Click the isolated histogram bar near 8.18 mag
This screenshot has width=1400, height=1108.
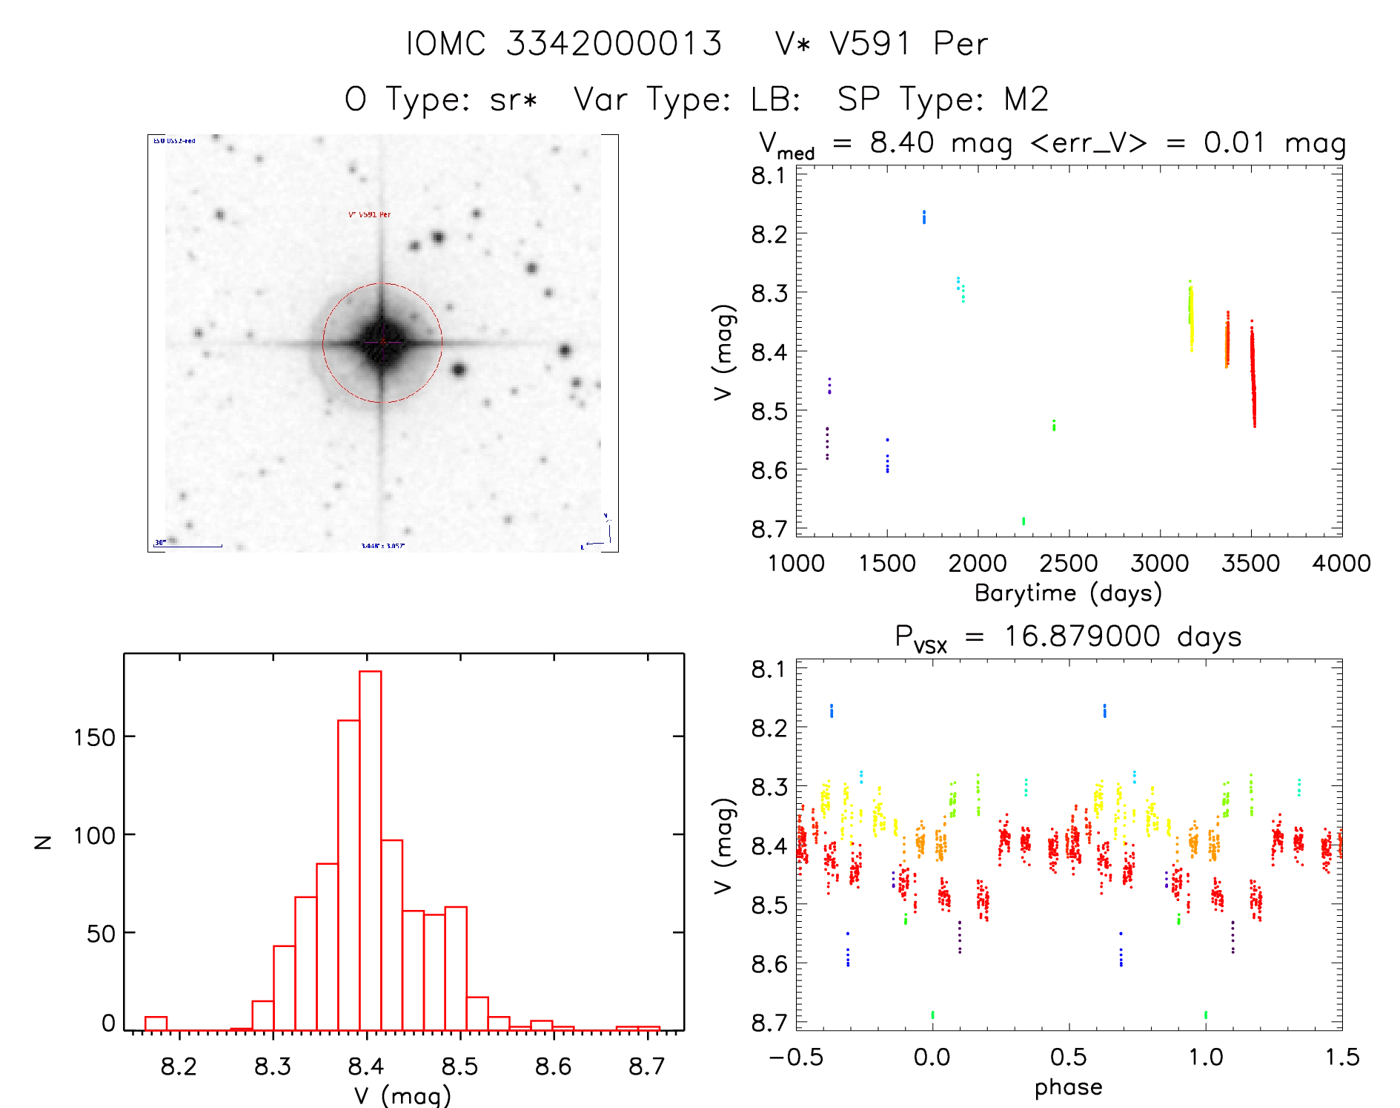[156, 1023]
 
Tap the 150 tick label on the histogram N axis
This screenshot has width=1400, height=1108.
[94, 738]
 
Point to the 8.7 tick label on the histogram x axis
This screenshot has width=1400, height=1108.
[646, 1066]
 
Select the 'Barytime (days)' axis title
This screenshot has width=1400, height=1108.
[1068, 593]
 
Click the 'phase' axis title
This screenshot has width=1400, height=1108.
[1068, 1087]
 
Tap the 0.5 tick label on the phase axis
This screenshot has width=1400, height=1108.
[1068, 1058]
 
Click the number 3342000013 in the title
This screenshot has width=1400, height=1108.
[614, 44]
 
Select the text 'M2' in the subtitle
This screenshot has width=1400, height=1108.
[1026, 99]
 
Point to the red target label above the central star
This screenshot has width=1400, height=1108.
[369, 214]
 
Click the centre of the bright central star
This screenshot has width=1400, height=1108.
[382, 342]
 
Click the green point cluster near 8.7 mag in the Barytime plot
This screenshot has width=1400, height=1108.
[1024, 521]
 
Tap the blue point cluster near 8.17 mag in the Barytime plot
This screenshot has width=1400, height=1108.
[923, 217]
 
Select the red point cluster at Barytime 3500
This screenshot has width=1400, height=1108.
[1253, 375]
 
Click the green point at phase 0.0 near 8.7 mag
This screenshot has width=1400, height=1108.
[932, 1015]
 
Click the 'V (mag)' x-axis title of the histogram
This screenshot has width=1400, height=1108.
[402, 1095]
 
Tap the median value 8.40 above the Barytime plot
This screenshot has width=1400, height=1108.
[902, 142]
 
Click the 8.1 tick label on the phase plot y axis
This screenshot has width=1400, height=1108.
[769, 670]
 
